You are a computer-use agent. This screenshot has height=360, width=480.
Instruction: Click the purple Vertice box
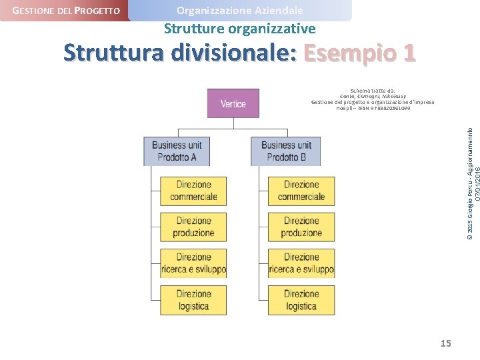coord(233,103)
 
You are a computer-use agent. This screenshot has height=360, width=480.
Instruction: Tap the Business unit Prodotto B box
coord(285,151)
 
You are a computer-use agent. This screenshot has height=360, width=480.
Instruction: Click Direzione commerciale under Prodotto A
coord(193,191)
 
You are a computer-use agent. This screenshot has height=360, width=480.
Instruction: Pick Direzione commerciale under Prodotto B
coord(301,191)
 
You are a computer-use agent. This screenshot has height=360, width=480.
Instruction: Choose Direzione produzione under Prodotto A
coord(193,227)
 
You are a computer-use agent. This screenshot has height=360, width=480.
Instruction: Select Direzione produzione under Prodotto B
coord(301,227)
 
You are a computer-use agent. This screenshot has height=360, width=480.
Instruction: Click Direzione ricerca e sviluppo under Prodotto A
coord(193,263)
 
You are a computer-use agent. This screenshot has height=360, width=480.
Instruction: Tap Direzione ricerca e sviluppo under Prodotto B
coord(301,263)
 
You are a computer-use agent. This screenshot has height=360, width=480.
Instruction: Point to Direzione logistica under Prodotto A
coord(193,300)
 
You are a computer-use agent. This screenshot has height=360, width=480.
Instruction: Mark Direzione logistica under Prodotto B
coord(301,300)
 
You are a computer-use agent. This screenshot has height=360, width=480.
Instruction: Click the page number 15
coord(445,343)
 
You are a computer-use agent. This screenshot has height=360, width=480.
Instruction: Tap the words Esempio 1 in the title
coord(359,53)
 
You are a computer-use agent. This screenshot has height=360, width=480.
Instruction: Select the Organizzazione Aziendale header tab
coord(239,11)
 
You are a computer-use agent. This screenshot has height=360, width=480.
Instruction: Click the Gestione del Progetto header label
coord(66,11)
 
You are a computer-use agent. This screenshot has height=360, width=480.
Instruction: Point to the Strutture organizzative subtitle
coord(239,29)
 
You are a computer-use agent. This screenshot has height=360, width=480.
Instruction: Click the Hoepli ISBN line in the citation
coord(373,108)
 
